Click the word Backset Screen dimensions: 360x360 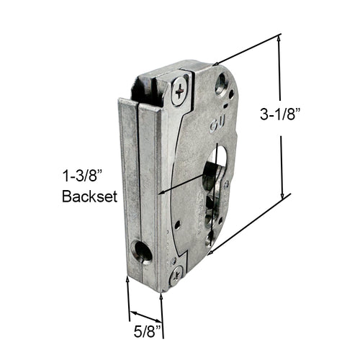point(89,196)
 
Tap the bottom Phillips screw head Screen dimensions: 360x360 point(175,274)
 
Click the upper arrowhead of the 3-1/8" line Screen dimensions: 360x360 point(278,37)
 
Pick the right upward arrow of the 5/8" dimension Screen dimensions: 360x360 point(161,294)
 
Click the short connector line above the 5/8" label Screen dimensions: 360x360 point(145,315)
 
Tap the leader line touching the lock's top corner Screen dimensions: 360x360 point(245,50)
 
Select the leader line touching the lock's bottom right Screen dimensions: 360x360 point(245,224)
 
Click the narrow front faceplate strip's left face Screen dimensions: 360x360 point(129,187)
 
